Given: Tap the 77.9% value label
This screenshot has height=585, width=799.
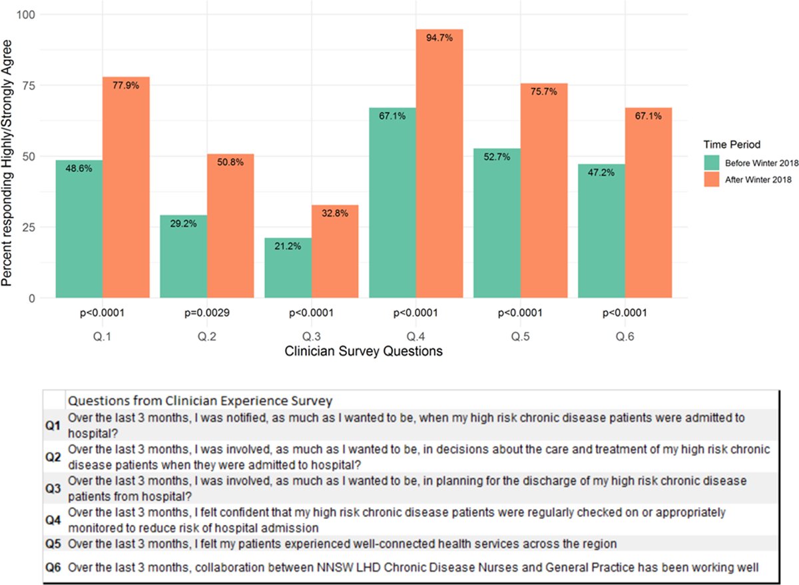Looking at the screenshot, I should pyautogui.click(x=126, y=85).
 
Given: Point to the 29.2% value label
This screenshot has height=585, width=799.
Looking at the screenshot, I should pyautogui.click(x=183, y=224).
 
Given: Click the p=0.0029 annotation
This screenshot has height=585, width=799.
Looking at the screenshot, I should pyautogui.click(x=206, y=312).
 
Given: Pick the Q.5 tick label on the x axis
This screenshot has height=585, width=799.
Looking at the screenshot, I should pyautogui.click(x=520, y=338).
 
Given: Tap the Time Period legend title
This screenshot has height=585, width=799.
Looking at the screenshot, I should pyautogui.click(x=732, y=145).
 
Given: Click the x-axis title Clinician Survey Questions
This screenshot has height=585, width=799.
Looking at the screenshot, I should pyautogui.click(x=364, y=352).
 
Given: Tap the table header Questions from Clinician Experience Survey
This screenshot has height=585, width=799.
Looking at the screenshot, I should pyautogui.click(x=200, y=400).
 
